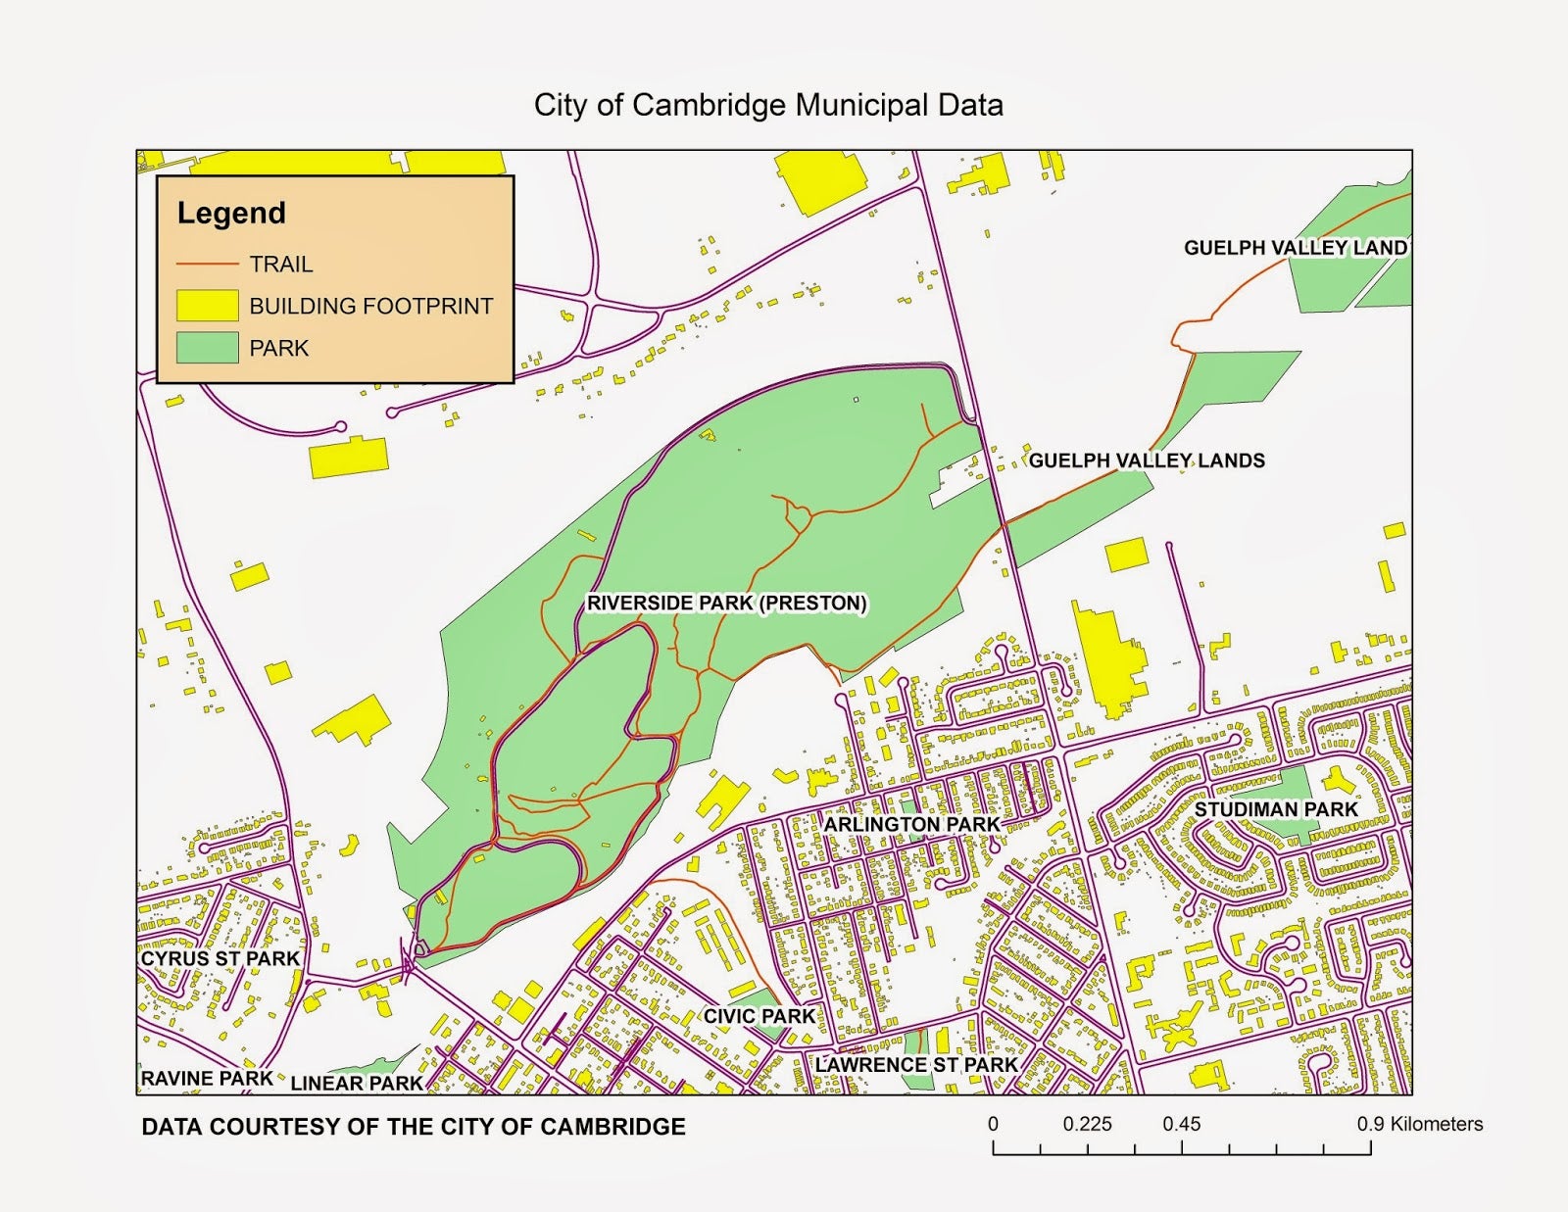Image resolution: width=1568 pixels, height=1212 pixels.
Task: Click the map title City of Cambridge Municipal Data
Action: point(768,105)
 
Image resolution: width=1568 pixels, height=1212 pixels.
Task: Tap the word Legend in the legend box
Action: point(231,213)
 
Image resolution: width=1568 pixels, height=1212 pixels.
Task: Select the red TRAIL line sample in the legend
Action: point(207,265)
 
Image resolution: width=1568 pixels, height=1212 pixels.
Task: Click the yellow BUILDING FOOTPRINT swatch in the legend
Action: point(207,306)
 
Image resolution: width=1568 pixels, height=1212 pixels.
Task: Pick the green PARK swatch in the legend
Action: point(207,348)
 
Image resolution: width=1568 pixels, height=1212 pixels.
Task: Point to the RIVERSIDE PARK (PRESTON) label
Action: point(726,603)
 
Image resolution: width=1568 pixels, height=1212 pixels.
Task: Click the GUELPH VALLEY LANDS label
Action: point(1147,461)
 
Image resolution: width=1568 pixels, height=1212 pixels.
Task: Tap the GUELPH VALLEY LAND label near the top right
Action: point(1295,248)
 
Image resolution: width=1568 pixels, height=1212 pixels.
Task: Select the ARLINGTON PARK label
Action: point(911,825)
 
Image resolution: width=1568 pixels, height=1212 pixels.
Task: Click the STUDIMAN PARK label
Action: point(1275,810)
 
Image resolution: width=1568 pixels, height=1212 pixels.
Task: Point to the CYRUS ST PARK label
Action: point(220,958)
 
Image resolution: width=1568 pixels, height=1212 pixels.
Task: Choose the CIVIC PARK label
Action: point(759,1016)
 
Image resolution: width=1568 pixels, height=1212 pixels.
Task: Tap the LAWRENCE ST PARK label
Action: point(916,1064)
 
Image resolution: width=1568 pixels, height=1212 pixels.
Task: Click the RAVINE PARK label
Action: point(207,1079)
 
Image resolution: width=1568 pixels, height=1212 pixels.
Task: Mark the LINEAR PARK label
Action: point(357,1084)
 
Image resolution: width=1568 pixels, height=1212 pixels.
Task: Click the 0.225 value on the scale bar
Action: point(1087,1124)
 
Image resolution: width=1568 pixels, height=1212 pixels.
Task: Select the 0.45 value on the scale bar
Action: point(1181,1124)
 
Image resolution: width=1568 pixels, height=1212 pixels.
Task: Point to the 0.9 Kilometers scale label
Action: point(1419,1124)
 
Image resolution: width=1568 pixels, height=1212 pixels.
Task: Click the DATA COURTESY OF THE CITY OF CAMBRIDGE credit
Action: point(414,1127)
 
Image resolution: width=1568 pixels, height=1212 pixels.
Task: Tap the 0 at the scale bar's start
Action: point(993,1124)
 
